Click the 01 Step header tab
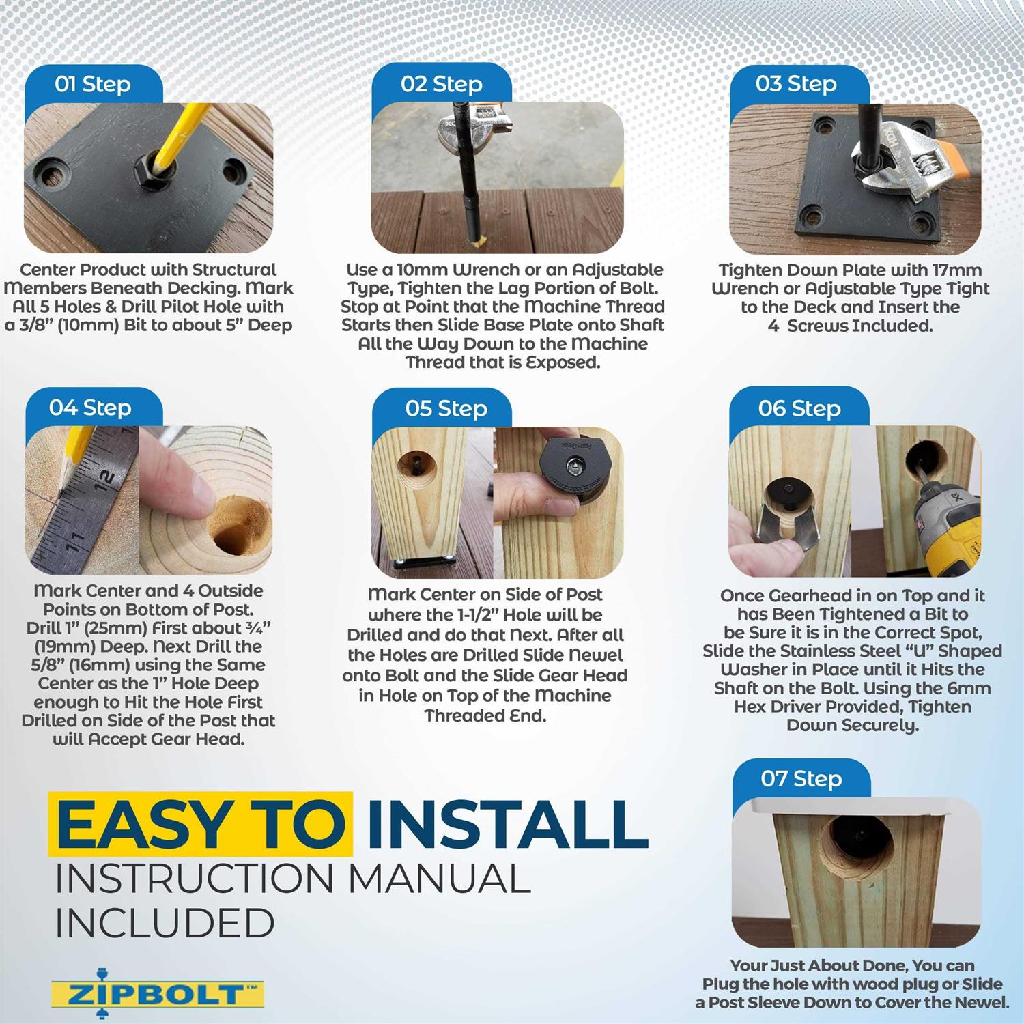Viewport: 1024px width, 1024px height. pyautogui.click(x=93, y=85)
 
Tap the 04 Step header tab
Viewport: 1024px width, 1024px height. pyautogui.click(x=90, y=408)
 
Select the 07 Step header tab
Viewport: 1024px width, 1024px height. pyautogui.click(x=801, y=779)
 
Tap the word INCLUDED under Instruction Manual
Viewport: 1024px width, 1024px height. pyautogui.click(x=165, y=923)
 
